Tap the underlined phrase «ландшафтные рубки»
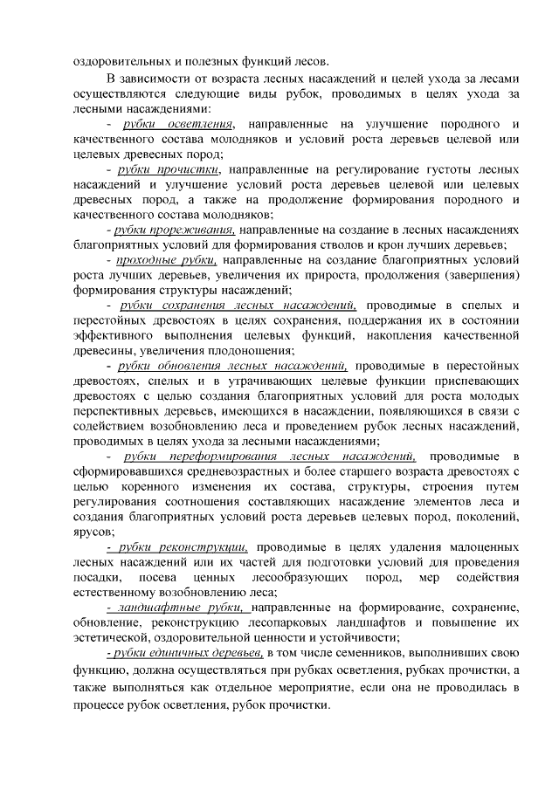(176, 607)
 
